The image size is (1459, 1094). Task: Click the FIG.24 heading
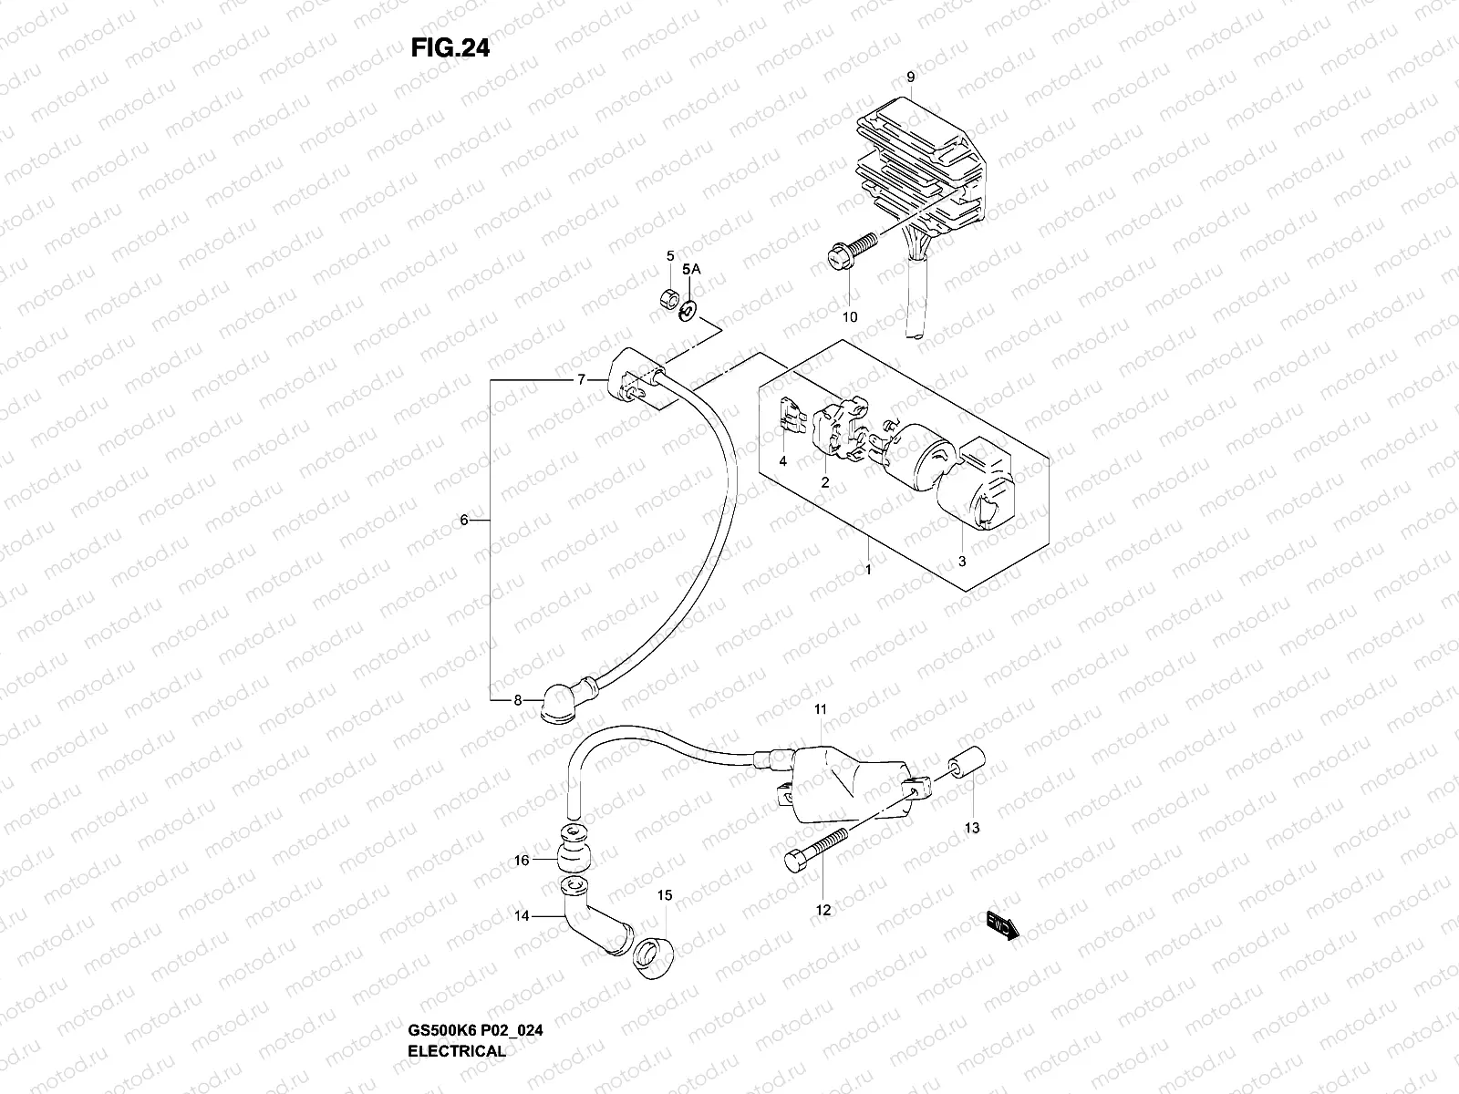[450, 48]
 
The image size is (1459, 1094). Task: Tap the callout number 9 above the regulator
[910, 78]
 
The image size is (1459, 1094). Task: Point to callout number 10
[850, 318]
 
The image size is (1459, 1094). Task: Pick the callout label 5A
[691, 269]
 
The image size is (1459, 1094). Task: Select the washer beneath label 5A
[688, 311]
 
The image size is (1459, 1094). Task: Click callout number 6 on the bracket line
[463, 521]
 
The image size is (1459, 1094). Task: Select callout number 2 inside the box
[824, 482]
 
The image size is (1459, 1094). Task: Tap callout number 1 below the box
[868, 570]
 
